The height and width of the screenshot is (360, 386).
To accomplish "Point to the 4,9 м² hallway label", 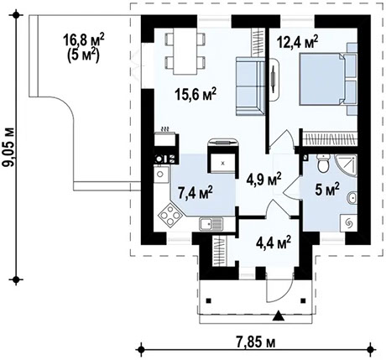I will point(263,178).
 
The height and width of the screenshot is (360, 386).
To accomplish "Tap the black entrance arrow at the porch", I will point(278,316).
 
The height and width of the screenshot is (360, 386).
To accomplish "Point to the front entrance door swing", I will point(275,290).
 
